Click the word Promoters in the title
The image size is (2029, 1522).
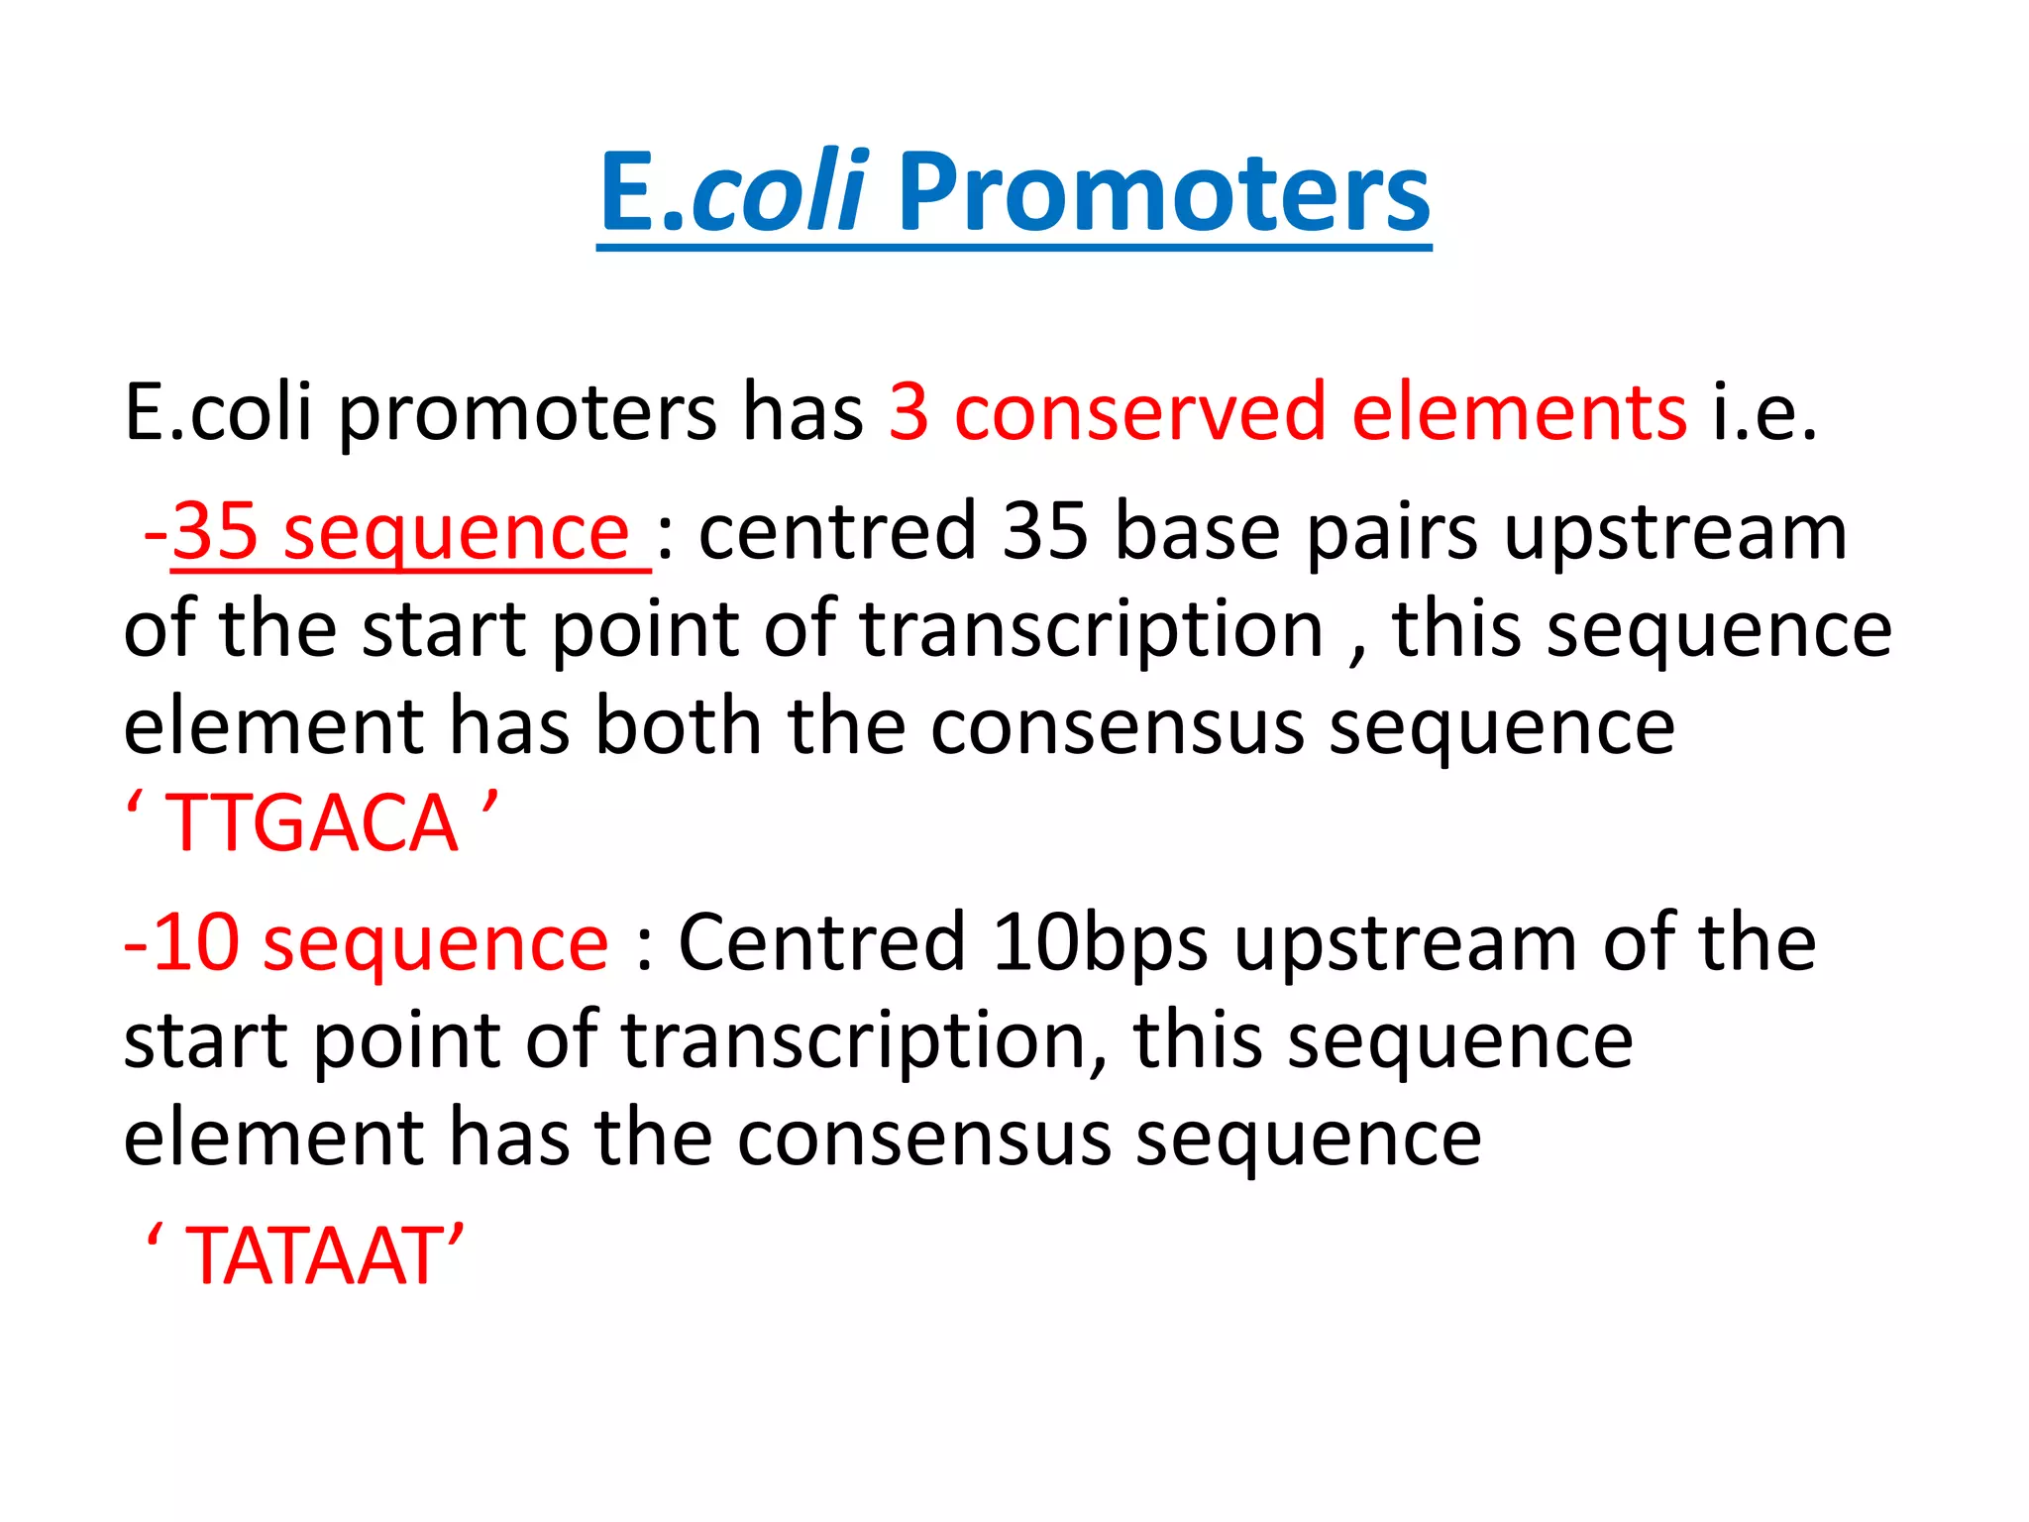[x=1164, y=193]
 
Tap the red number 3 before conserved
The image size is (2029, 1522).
[x=908, y=412]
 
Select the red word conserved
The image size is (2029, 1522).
[x=1139, y=412]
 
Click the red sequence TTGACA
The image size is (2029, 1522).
[x=311, y=823]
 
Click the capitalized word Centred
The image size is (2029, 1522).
[x=821, y=942]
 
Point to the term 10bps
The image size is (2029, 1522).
[x=1100, y=942]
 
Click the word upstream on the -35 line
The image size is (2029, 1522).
[x=1675, y=532]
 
